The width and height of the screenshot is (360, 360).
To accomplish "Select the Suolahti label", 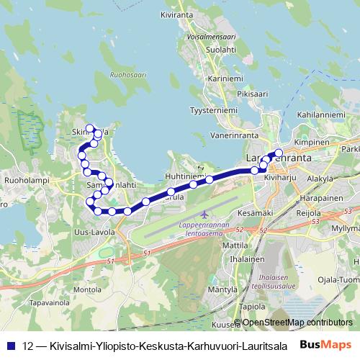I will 221,49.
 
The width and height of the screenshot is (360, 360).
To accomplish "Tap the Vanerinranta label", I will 234,134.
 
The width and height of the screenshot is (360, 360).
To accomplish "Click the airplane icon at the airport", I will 204,215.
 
